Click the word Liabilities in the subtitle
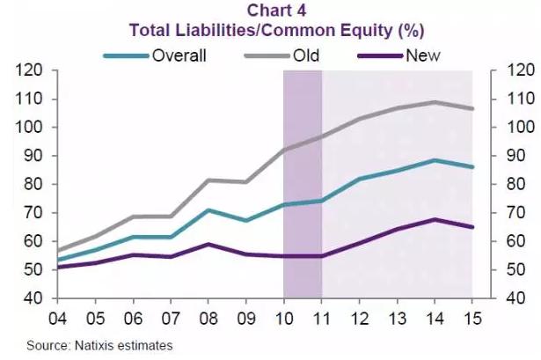coord(210,30)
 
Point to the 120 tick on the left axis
coord(30,70)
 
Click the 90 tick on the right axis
coord(512,156)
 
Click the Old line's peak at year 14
coord(435,102)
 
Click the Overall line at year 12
coord(361,179)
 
